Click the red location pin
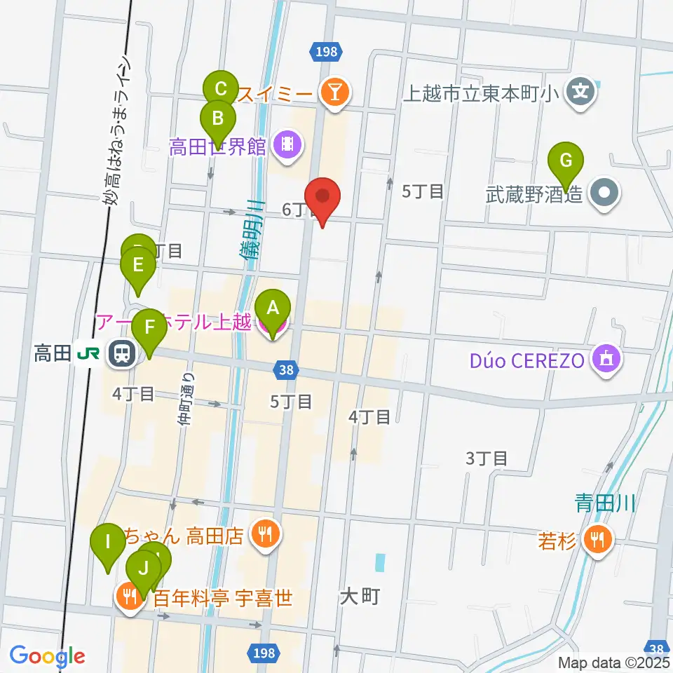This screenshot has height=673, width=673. pyautogui.click(x=322, y=198)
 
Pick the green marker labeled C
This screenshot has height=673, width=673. pyautogui.click(x=220, y=89)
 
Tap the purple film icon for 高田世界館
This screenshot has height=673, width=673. pyautogui.click(x=287, y=145)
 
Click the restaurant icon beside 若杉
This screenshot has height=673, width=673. pyautogui.click(x=598, y=539)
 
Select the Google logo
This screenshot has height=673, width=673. pyautogui.click(x=47, y=656)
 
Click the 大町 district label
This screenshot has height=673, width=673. pyautogui.click(x=360, y=597)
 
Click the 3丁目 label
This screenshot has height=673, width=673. pyautogui.click(x=487, y=458)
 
